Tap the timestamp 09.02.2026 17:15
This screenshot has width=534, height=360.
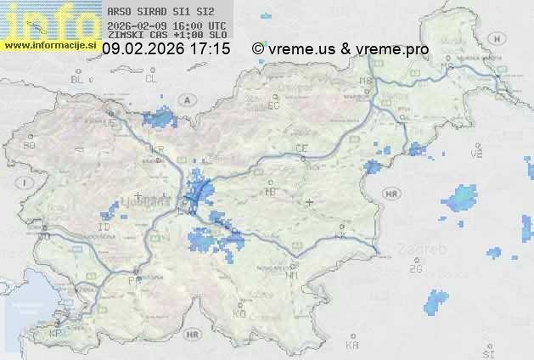pos(166,49)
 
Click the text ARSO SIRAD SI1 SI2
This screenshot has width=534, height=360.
pos(155,12)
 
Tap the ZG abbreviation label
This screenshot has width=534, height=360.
pos(415,269)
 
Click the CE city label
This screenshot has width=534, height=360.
pos(301,149)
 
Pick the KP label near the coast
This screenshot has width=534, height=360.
pos(56,333)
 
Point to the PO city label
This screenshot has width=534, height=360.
pos(133,279)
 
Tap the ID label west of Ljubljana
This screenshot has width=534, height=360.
pos(104,228)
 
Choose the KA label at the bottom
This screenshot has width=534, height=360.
pos(352,346)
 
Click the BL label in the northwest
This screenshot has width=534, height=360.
pos(77,79)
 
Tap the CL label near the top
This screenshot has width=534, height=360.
pos(151,79)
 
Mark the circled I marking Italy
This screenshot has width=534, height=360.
pos(26,183)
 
